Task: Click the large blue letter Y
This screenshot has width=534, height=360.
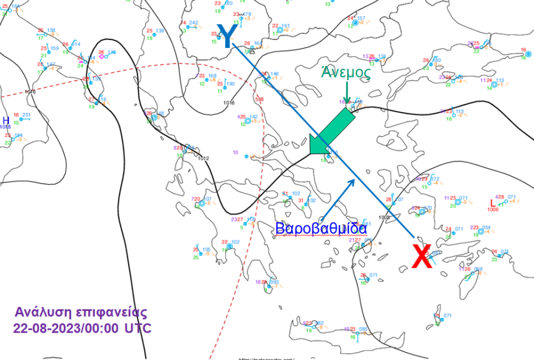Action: [226, 36]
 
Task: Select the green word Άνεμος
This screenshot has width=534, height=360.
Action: [346, 71]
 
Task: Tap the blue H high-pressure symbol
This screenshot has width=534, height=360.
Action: [6, 120]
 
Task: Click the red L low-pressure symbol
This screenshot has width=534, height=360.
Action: [492, 203]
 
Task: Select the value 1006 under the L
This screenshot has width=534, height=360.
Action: [493, 209]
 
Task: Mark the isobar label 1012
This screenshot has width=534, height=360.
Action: [203, 158]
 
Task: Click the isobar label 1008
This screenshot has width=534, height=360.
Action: [384, 217]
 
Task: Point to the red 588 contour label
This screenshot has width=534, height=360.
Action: [260, 99]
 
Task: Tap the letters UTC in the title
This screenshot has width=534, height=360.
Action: [138, 328]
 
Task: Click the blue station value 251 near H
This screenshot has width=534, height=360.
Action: [26, 115]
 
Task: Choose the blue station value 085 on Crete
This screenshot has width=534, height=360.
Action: [363, 329]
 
